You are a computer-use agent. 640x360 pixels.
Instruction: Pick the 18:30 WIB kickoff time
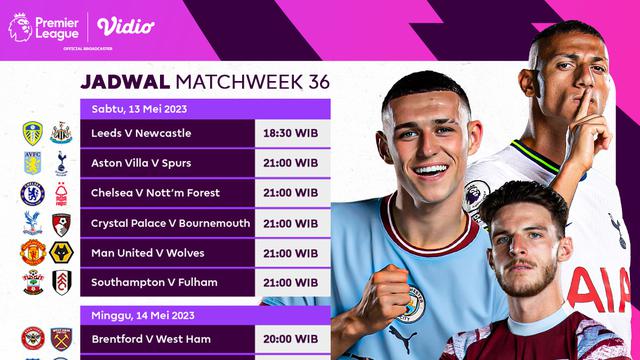290,133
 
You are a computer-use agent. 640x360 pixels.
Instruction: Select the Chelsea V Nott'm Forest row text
155,193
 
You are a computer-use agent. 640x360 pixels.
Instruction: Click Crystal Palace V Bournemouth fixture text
171,223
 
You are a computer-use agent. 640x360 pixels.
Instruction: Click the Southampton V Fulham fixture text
154,282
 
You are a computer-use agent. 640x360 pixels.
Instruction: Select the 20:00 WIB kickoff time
290,340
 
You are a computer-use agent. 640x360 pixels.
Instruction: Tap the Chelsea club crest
33,193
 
